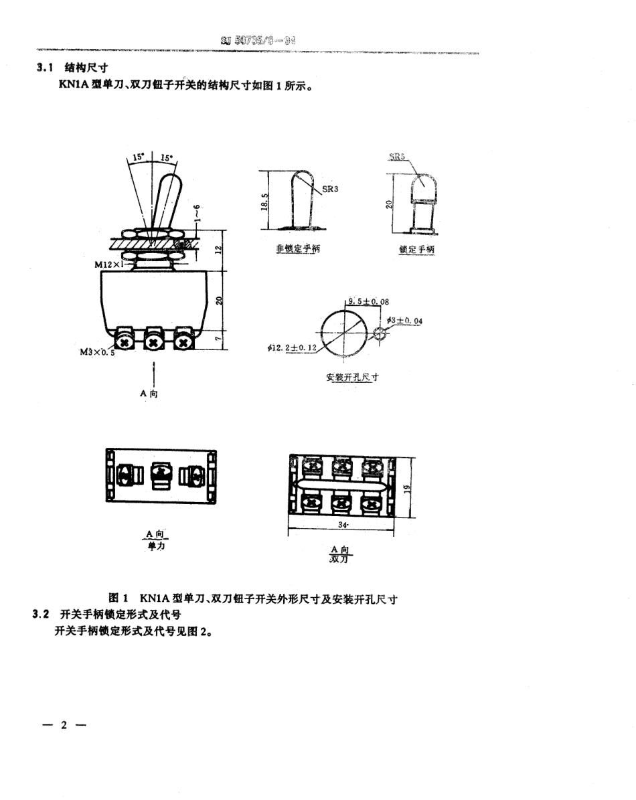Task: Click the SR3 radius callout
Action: pyautogui.click(x=330, y=189)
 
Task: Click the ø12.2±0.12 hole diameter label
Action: pyautogui.click(x=291, y=348)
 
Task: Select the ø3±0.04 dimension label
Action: pyautogui.click(x=404, y=321)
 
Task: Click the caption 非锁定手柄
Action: pyautogui.click(x=298, y=249)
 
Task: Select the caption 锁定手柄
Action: pyautogui.click(x=416, y=249)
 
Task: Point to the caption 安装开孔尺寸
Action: pyautogui.click(x=352, y=377)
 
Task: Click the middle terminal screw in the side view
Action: pyautogui.click(x=154, y=341)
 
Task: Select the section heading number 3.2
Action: pyautogui.click(x=42, y=614)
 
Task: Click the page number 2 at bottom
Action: pyautogui.click(x=64, y=726)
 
